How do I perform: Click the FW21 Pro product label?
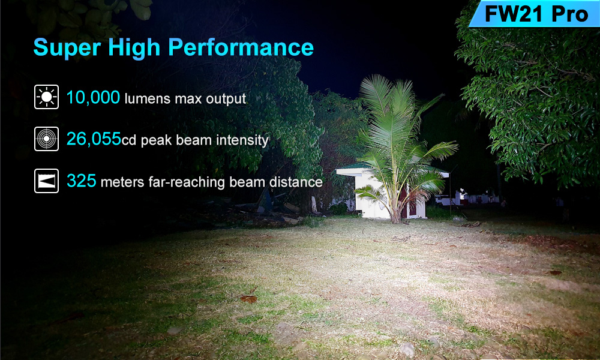point(536,14)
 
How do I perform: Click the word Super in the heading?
point(67,48)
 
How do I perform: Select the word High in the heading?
point(134,48)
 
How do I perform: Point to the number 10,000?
point(93,98)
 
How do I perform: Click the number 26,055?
point(94,139)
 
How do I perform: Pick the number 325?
point(81,181)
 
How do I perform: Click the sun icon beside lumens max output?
point(46,97)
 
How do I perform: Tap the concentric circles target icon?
point(46,139)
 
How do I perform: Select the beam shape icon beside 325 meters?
point(46,181)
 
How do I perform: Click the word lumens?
point(148,99)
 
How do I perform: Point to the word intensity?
point(242,140)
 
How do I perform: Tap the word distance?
point(296,182)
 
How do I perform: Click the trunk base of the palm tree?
point(395,217)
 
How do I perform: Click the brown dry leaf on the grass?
point(249,299)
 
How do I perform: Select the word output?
point(226,99)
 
